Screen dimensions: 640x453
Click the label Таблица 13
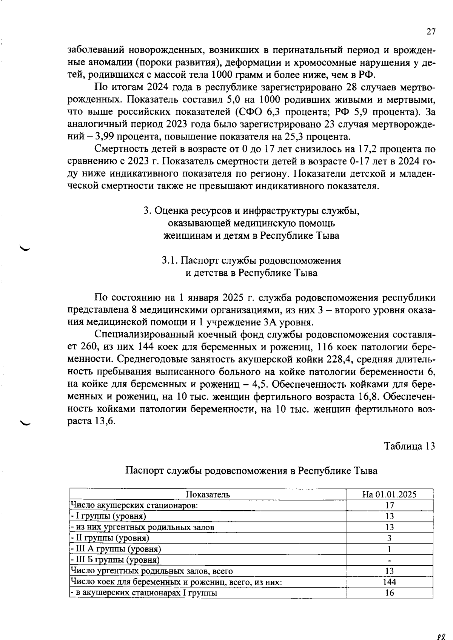410,446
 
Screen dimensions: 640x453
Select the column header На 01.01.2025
389,494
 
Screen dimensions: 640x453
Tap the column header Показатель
208,494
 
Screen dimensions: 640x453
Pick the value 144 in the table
389,582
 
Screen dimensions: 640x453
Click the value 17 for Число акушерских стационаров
389,505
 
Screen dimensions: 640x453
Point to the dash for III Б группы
389,560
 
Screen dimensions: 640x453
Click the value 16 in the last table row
389,593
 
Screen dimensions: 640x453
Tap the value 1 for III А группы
389,549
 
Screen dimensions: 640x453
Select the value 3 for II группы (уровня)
389,538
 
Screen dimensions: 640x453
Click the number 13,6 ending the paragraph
104,421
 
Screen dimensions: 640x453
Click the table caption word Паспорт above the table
144,471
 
